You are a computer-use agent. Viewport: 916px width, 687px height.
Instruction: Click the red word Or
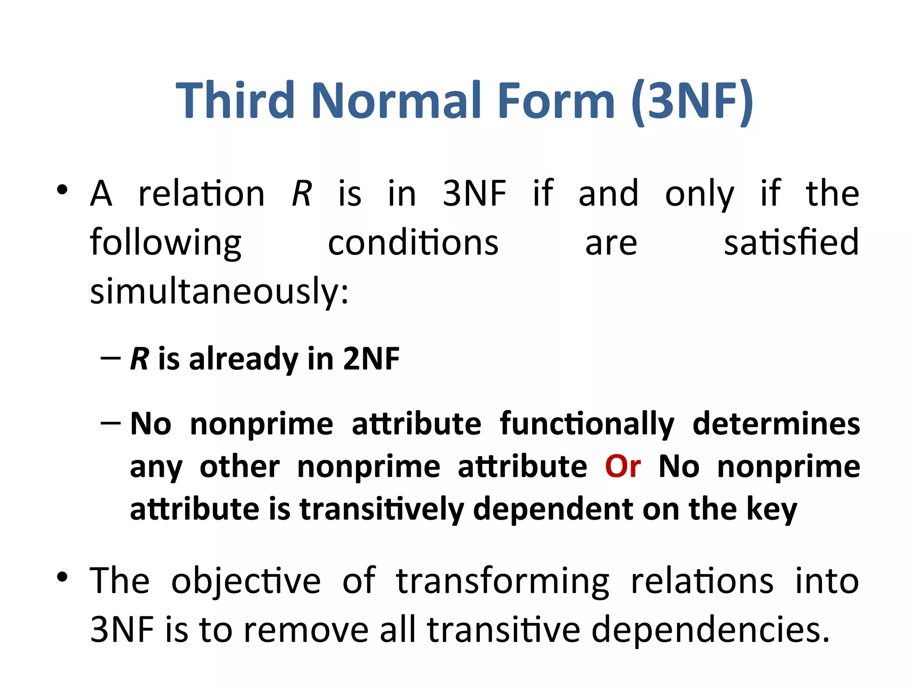click(623, 466)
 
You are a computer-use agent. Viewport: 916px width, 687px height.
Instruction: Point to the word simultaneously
click(219, 291)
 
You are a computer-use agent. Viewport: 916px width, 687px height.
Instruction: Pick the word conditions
click(413, 242)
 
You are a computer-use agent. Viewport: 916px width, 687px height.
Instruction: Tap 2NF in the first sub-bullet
click(371, 359)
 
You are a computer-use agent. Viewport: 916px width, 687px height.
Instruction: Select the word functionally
click(586, 424)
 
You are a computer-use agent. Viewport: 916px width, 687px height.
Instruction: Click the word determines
click(776, 424)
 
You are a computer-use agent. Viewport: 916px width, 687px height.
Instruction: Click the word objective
click(246, 581)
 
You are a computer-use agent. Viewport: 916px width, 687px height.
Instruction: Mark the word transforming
click(502, 581)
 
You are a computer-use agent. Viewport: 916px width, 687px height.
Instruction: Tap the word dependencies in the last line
click(710, 629)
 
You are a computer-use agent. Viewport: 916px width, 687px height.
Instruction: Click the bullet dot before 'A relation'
click(62, 190)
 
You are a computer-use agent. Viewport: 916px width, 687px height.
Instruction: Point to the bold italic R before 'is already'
click(139, 359)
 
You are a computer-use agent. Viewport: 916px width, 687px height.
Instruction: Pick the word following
click(165, 243)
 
